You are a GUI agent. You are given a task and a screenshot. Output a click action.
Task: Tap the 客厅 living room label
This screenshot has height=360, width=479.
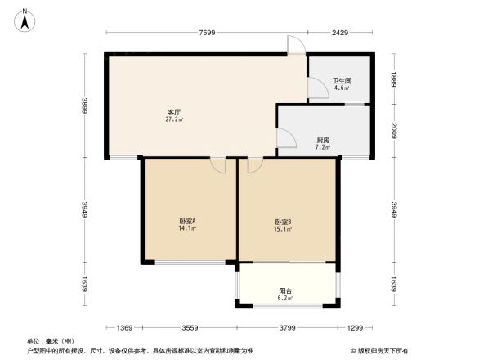click(x=174, y=111)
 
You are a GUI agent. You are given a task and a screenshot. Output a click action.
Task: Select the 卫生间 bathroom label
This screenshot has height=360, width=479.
click(x=341, y=80)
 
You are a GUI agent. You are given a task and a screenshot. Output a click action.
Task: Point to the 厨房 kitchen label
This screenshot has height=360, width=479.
click(x=323, y=140)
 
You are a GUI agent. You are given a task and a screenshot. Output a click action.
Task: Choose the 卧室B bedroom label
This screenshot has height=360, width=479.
click(x=284, y=222)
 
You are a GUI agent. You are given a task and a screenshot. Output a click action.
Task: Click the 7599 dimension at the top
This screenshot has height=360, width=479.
click(x=205, y=33)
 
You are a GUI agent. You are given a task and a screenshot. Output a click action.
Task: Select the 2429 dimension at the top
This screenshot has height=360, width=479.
click(x=339, y=33)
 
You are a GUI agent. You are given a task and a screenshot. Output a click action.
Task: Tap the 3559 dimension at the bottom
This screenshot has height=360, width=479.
click(x=190, y=328)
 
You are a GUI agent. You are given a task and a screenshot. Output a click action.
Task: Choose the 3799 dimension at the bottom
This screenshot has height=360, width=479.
click(x=286, y=328)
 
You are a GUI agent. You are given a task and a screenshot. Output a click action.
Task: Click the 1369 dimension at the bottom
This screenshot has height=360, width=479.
click(x=123, y=328)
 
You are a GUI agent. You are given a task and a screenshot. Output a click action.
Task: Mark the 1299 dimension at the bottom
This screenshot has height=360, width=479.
click(x=354, y=328)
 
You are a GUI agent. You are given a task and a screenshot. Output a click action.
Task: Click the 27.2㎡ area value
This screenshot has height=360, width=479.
click(x=174, y=119)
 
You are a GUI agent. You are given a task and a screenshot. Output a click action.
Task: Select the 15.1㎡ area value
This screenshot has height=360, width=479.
click(x=284, y=230)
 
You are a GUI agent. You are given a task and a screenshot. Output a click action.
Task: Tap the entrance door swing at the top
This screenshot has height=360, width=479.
click(x=296, y=45)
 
